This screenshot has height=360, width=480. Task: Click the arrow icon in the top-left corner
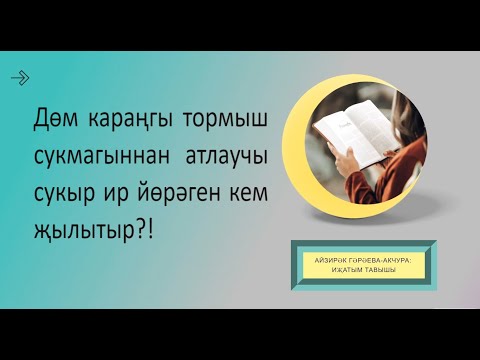tap(19, 77)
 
